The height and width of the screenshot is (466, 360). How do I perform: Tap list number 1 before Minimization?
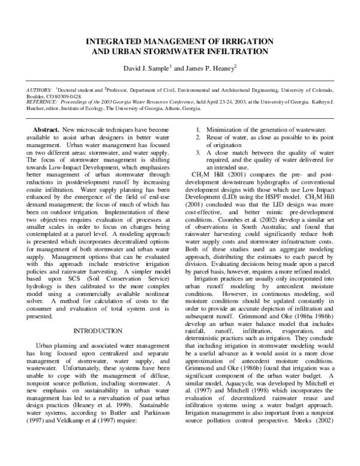click(199, 130)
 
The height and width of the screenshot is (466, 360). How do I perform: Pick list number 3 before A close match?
click(199, 153)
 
